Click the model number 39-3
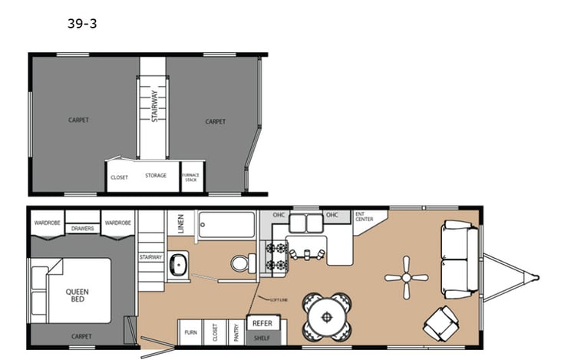[82, 25]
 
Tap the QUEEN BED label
[75, 295]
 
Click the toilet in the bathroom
[239, 263]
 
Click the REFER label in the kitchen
[263, 323]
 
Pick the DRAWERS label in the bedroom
[83, 228]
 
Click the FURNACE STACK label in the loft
[191, 177]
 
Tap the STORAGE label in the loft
[156, 176]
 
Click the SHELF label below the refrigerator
[263, 335]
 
